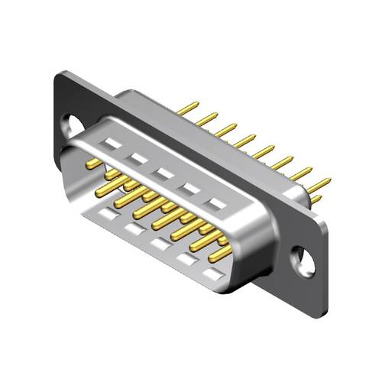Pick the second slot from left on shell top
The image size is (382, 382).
point(138,157)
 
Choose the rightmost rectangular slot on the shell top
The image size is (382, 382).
point(219,203)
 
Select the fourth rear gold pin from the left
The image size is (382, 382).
point(244,141)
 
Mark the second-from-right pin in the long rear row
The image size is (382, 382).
point(302,173)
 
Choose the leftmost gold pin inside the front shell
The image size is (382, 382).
point(93,163)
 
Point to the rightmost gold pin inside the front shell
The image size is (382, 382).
point(223,251)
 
